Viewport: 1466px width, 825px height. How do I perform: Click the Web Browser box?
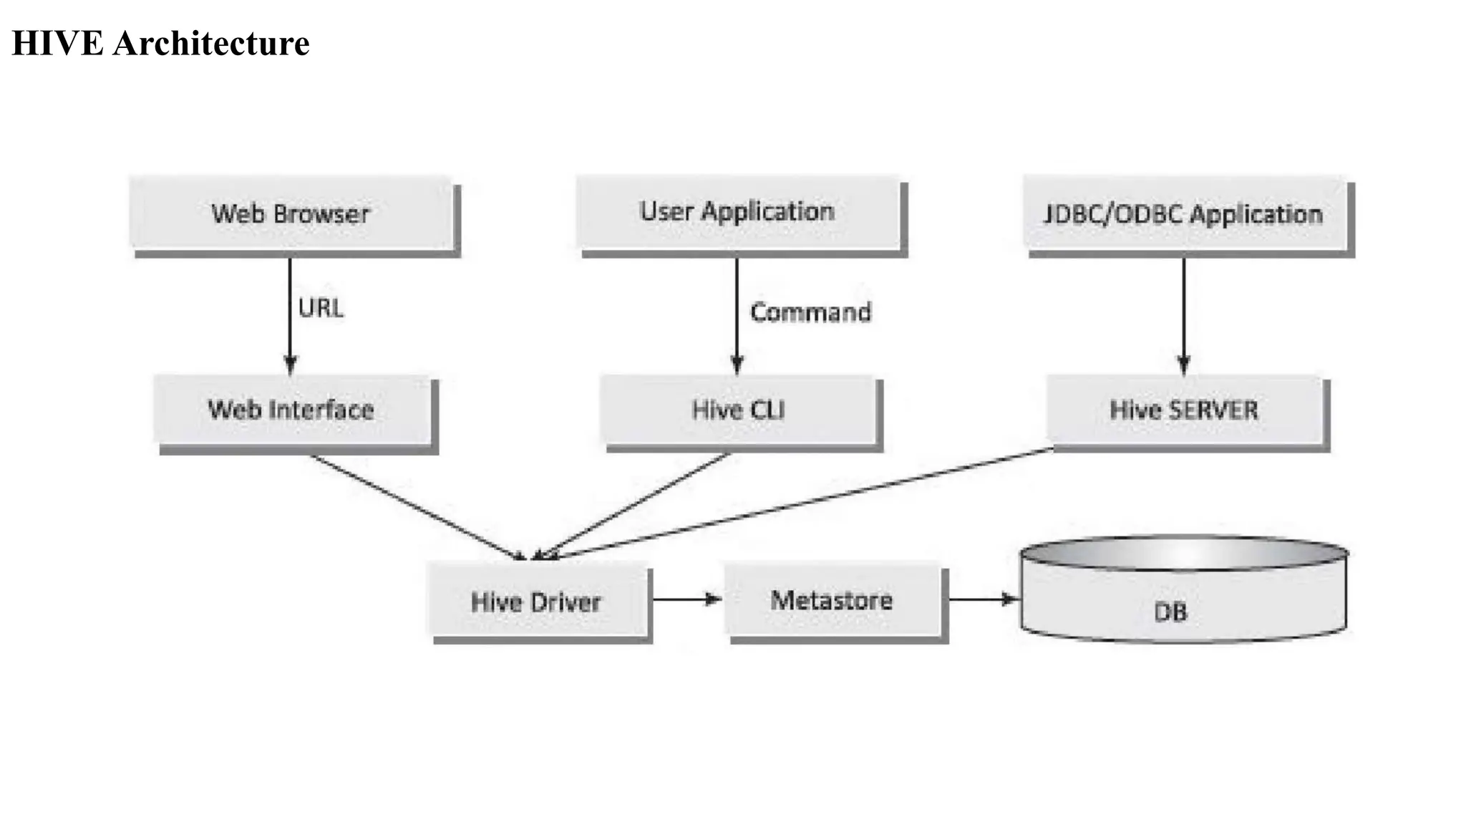291,213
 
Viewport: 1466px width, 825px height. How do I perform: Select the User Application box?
737,212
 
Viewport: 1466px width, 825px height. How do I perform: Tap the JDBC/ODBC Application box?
1184,213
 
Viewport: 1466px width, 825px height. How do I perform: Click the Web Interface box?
291,410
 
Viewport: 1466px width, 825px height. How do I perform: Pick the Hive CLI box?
738,410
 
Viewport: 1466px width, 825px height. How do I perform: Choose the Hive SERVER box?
1184,410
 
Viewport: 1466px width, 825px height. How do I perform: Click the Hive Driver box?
537,602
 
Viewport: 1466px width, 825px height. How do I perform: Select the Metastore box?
832,600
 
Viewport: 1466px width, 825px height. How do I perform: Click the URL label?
321,308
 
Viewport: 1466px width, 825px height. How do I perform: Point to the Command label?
810,312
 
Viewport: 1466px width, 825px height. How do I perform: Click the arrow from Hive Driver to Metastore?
686,599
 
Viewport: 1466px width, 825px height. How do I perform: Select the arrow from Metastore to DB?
982,599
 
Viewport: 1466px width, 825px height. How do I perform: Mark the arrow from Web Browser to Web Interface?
290,315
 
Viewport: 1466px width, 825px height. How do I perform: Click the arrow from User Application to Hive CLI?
737,315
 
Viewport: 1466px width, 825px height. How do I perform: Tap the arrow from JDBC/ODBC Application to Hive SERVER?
1184,315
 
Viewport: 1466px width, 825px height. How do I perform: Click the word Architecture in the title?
211,43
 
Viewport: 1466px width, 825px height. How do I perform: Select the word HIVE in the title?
57,43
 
